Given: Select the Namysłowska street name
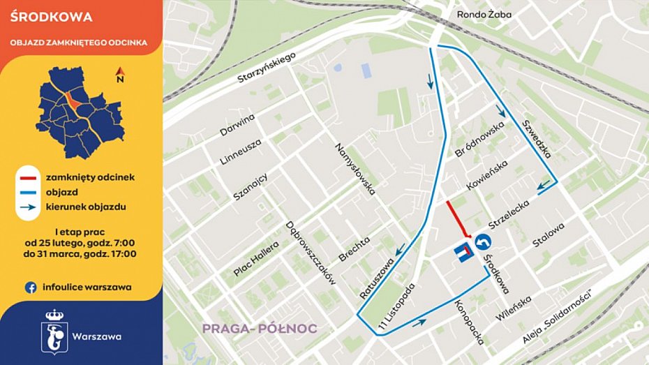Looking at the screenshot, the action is (x=356, y=168).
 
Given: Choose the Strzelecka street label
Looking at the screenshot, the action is (x=509, y=211).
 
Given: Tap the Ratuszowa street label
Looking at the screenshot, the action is (x=378, y=276).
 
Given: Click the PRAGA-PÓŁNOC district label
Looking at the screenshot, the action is (x=260, y=328).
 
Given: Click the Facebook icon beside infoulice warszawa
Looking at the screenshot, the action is (x=31, y=287).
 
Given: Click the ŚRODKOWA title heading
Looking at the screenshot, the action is (x=42, y=17).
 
